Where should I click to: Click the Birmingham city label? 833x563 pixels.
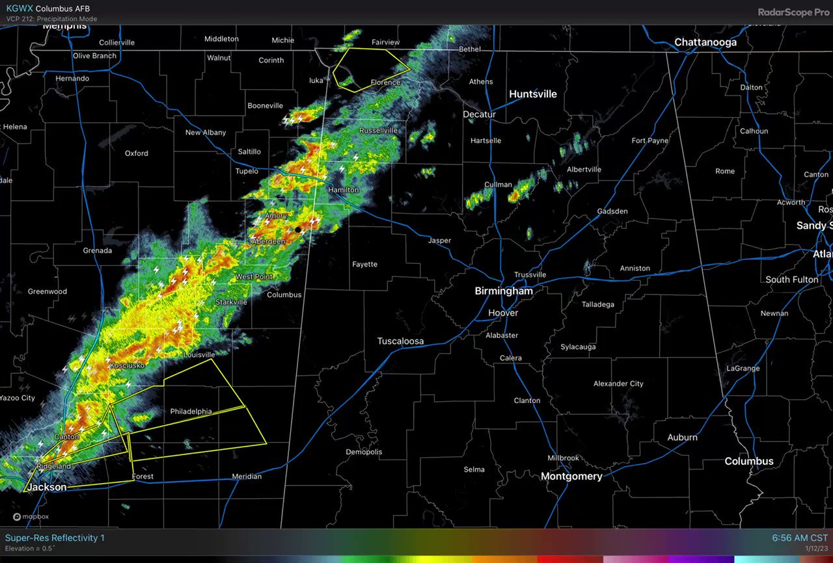(x=504, y=291)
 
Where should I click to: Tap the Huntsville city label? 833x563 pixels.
(x=533, y=94)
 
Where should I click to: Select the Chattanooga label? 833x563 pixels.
(x=705, y=42)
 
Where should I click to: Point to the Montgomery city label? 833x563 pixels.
(x=571, y=477)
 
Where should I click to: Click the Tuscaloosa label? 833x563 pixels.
(x=400, y=341)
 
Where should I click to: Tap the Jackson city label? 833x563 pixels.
(x=46, y=486)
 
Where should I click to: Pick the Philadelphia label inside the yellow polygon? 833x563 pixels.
(x=191, y=412)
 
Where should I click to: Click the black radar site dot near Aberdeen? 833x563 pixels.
(x=298, y=229)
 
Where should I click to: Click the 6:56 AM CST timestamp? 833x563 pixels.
(x=800, y=538)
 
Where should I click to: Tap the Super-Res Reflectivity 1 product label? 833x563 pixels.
(x=55, y=538)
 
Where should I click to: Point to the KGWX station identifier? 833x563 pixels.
(x=18, y=8)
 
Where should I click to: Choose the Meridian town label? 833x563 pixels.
(x=247, y=477)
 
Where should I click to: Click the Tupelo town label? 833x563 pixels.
(x=247, y=172)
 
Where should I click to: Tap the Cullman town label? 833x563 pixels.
(x=498, y=185)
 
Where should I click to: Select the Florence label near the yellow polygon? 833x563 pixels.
(x=385, y=83)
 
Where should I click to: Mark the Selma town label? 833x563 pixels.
(x=474, y=469)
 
